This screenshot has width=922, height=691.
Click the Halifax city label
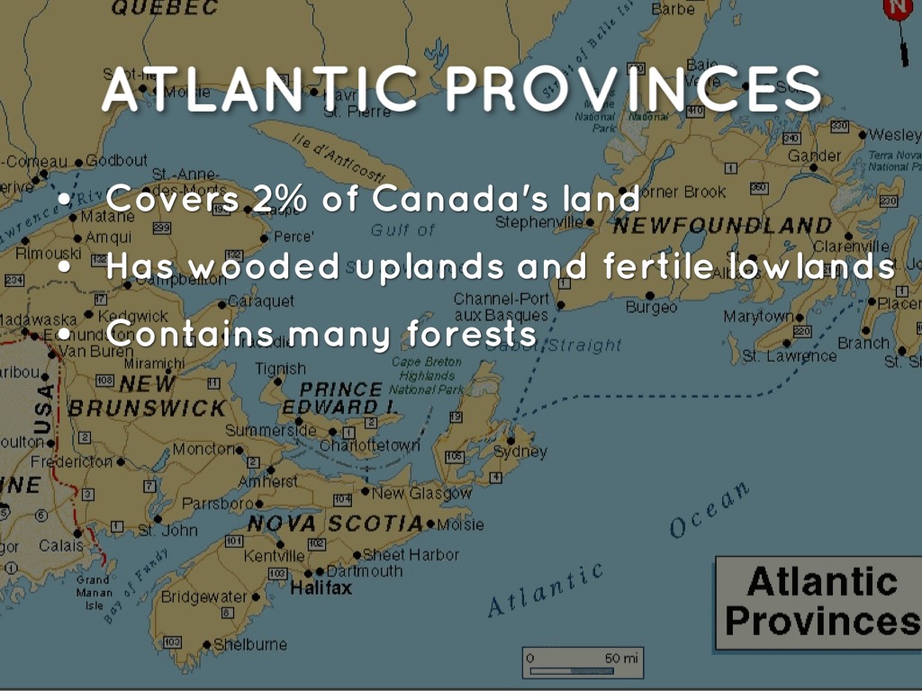pyautogui.click(x=321, y=588)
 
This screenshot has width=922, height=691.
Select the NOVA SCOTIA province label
pyautogui.click(x=335, y=524)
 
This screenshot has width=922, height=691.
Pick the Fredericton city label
pyautogui.click(x=72, y=462)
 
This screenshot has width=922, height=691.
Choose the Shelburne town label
pyautogui.click(x=250, y=644)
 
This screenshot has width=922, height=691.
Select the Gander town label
pyautogui.click(x=814, y=156)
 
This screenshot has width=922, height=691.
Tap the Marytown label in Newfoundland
pyautogui.click(x=758, y=317)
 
